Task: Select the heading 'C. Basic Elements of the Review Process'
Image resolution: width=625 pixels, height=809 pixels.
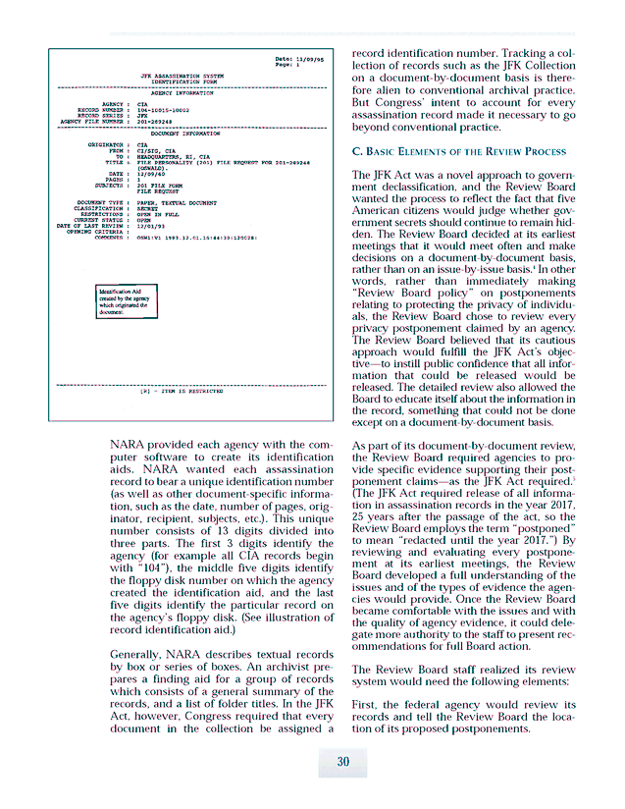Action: click(458, 151)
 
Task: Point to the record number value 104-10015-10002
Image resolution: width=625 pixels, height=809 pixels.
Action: click(163, 110)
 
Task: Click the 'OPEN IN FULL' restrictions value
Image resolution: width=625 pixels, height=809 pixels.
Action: click(159, 214)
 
